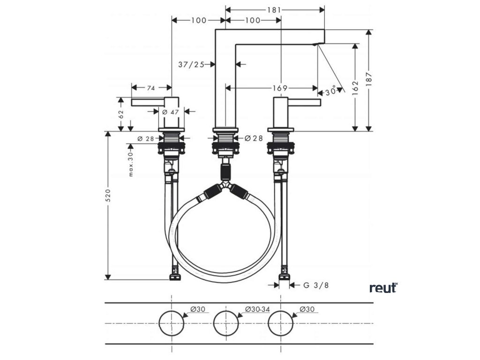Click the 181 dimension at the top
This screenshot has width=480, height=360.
(275, 9)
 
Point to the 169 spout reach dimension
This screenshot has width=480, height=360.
(280, 88)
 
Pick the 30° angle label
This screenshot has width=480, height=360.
(331, 92)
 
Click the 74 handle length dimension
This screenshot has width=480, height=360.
(150, 88)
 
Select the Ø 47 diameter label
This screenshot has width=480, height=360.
(171, 112)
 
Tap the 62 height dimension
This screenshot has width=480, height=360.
(120, 113)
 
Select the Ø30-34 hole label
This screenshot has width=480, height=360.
(257, 309)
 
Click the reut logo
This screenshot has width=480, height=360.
(383, 287)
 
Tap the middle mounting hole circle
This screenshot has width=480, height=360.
(226, 323)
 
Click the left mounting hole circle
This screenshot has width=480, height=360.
(172, 323)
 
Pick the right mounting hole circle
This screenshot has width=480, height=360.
(280, 323)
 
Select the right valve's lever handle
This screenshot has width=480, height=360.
(304, 103)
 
